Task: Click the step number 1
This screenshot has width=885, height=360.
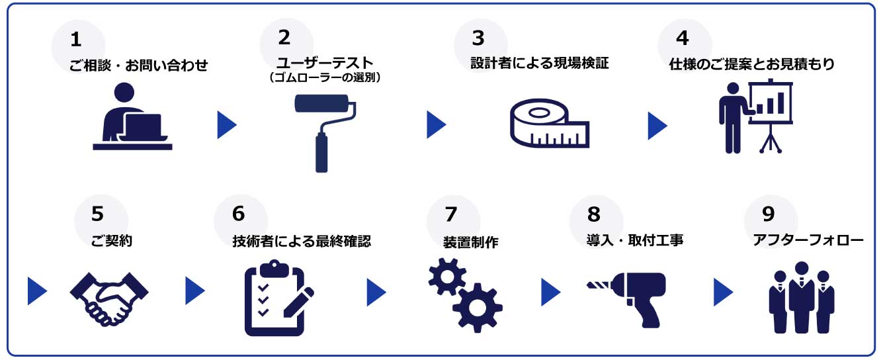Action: pyautogui.click(x=76, y=40)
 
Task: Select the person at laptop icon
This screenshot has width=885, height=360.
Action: pyautogui.click(x=132, y=117)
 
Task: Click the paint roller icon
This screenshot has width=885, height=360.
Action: pyautogui.click(x=323, y=129)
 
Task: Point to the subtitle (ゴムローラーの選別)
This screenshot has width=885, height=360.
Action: pyautogui.click(x=324, y=77)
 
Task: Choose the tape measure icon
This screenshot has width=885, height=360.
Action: pyautogui.click(x=548, y=123)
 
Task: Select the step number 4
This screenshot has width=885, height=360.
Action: pyautogui.click(x=682, y=38)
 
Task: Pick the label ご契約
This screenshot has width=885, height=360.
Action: pyautogui.click(x=111, y=242)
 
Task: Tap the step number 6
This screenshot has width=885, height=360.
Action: pyautogui.click(x=238, y=214)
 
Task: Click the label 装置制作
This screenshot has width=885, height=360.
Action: pyautogui.click(x=470, y=242)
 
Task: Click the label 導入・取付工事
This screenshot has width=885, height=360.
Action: pyautogui.click(x=634, y=241)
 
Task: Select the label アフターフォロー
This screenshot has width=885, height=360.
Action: pyautogui.click(x=808, y=241)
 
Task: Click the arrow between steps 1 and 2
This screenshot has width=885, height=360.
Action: pyautogui.click(x=226, y=124)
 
